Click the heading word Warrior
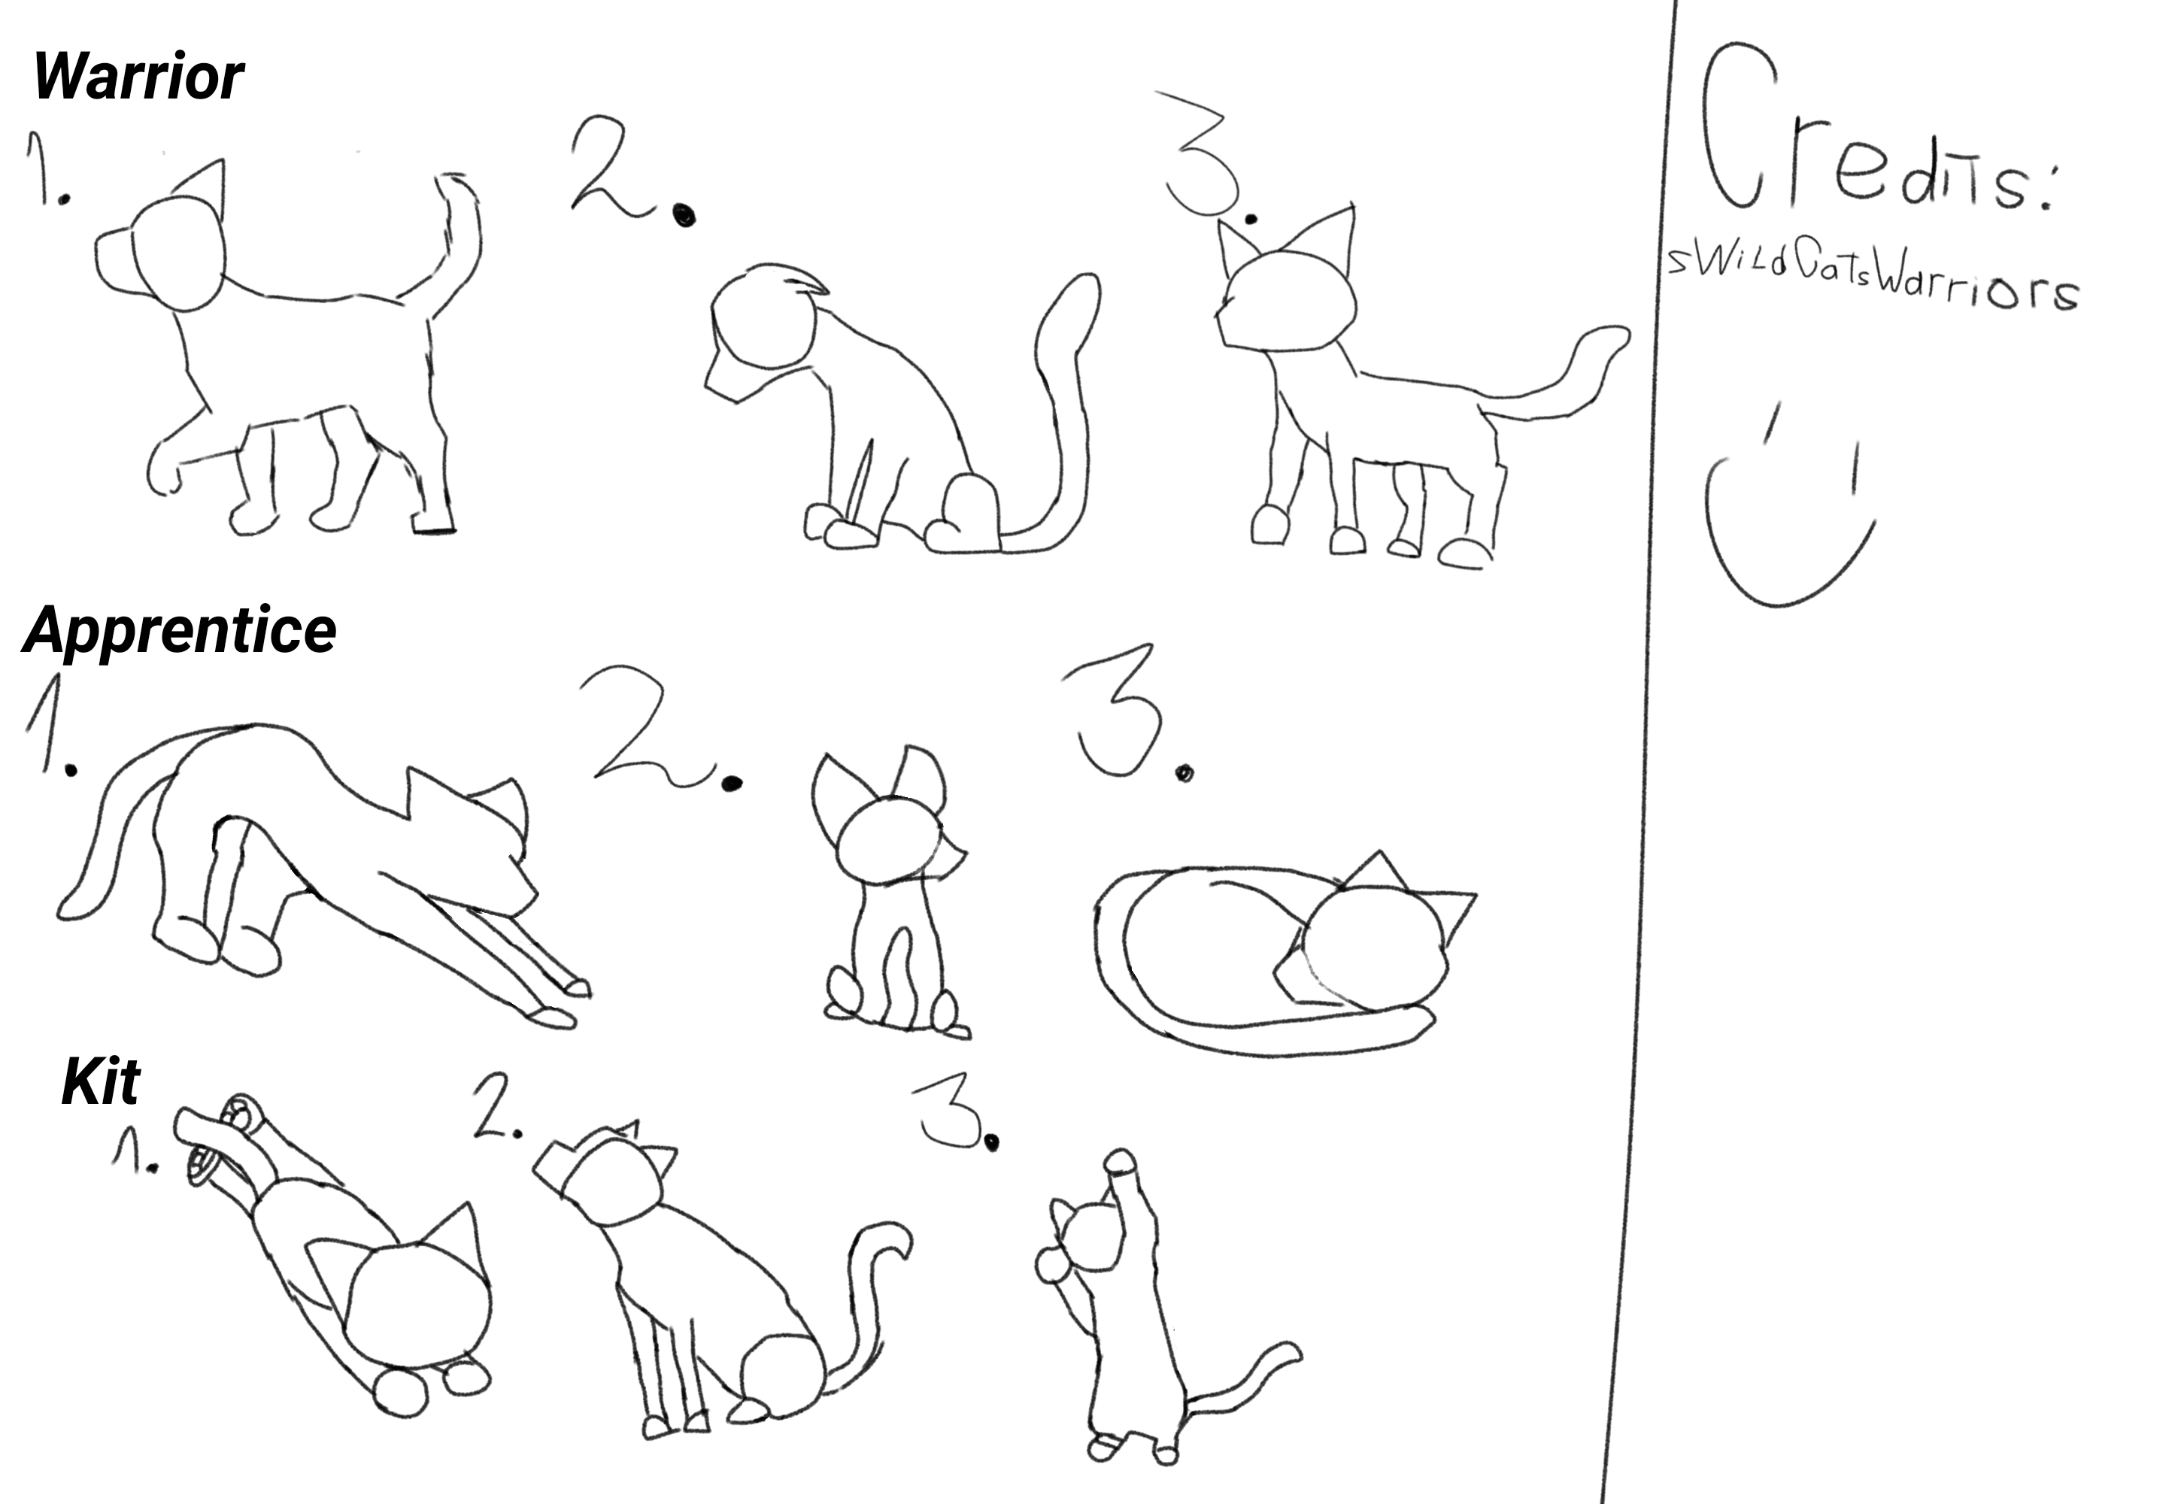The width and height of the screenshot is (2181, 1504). [x=138, y=77]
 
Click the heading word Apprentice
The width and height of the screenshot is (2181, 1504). [x=179, y=630]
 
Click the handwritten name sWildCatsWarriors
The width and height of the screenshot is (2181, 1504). [x=1871, y=276]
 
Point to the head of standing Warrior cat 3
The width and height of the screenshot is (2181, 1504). [x=1287, y=299]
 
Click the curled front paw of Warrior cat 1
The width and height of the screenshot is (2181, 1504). [x=162, y=472]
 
